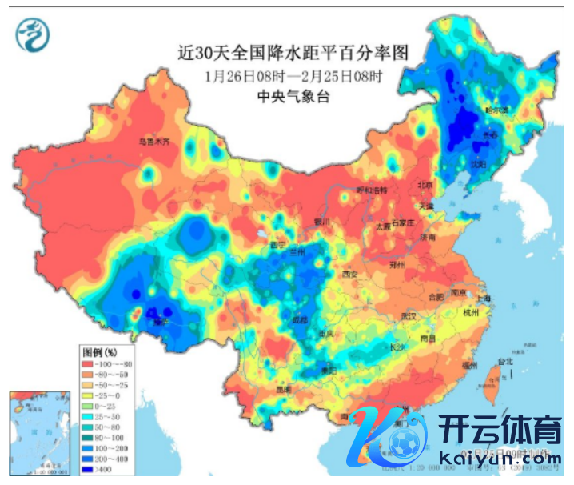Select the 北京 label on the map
[424, 185]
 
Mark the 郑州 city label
[398, 264]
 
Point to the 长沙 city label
[397, 347]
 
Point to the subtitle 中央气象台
[293, 97]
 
